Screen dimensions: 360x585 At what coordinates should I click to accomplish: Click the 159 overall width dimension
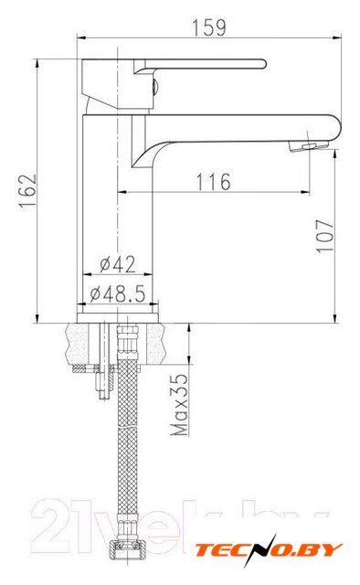pyautogui.click(x=209, y=27)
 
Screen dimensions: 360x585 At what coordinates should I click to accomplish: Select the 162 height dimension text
pyautogui.click(x=28, y=191)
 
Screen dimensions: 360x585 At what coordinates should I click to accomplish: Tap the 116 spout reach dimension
pyautogui.click(x=214, y=182)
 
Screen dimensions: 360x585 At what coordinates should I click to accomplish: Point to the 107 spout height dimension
pyautogui.click(x=324, y=237)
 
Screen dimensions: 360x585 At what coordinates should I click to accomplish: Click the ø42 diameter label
pyautogui.click(x=118, y=264)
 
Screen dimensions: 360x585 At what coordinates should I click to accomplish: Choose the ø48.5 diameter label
pyautogui.click(x=117, y=294)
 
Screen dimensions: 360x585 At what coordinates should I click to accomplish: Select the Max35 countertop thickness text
pyautogui.click(x=179, y=404)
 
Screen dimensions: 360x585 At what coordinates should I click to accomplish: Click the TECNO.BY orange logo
pyautogui.click(x=269, y=550)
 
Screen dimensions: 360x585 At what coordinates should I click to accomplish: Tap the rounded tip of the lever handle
pyautogui.click(x=263, y=64)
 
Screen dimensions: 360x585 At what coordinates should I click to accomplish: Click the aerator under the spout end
pyautogui.click(x=308, y=146)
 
